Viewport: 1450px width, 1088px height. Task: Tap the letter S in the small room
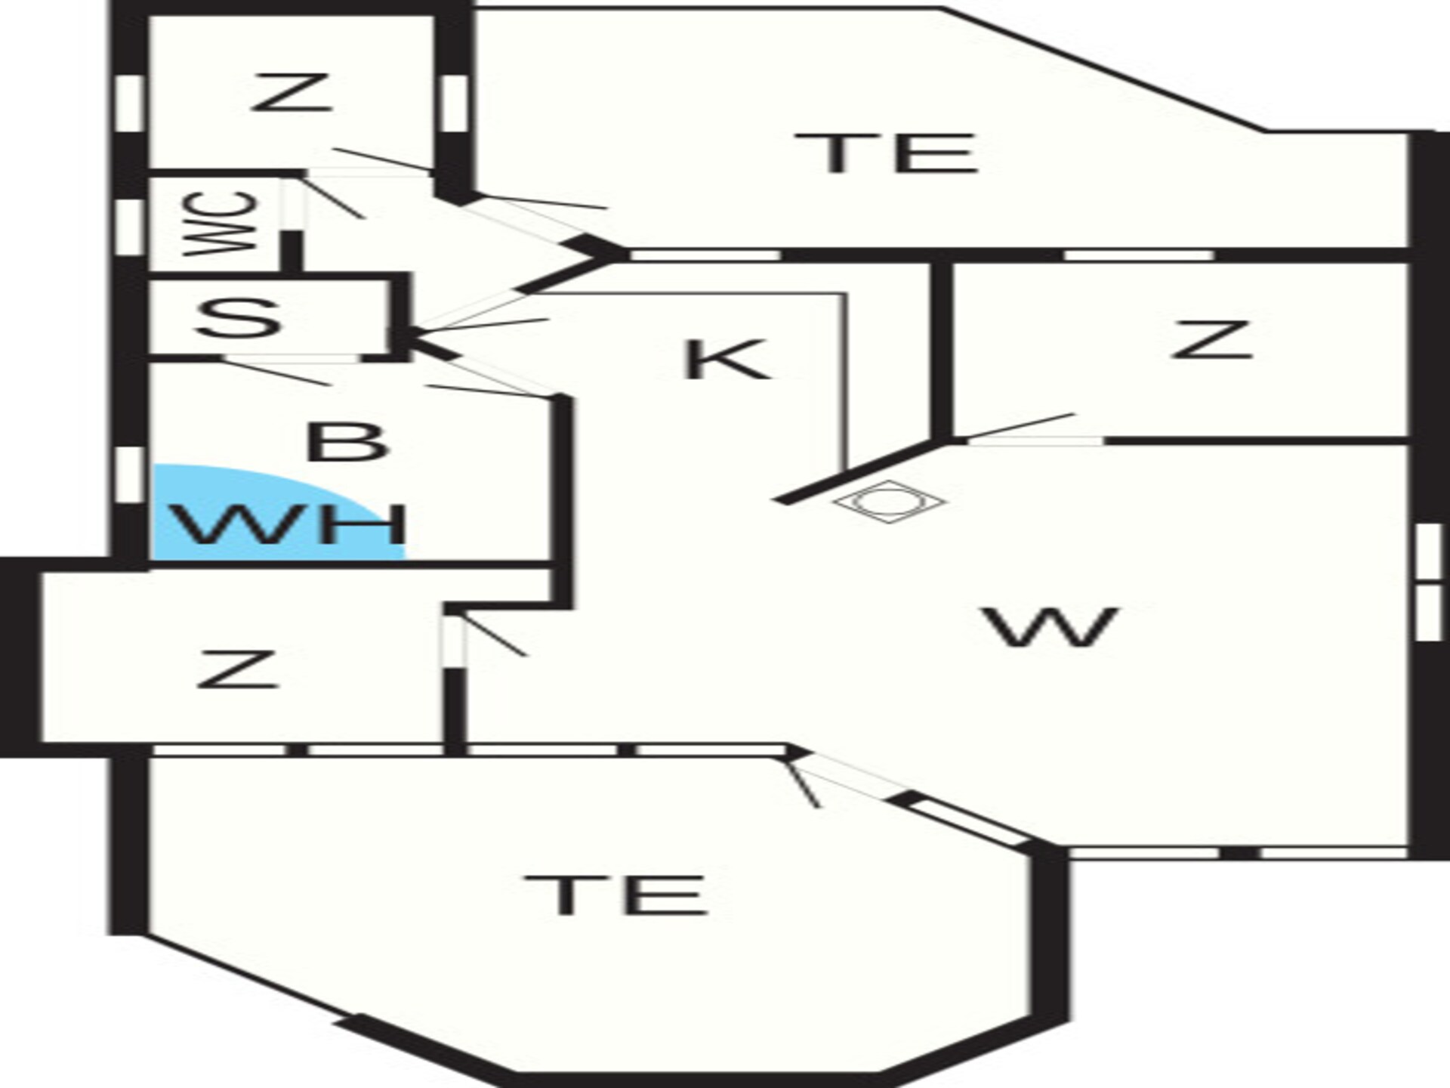pos(239,318)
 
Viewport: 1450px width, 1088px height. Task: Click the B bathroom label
pos(347,441)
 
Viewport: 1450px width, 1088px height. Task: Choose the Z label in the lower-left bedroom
pos(238,669)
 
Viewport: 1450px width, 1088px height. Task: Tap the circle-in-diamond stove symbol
pos(890,502)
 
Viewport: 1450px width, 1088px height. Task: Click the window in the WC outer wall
pos(130,224)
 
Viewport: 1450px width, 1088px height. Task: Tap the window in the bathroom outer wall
pos(130,474)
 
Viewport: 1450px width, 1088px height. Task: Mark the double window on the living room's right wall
pos(1428,583)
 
